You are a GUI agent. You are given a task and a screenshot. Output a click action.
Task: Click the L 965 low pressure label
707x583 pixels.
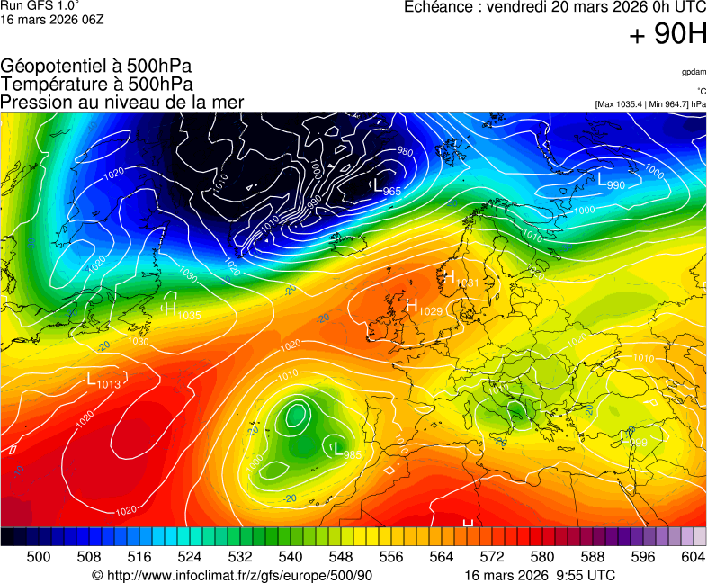tap(387, 188)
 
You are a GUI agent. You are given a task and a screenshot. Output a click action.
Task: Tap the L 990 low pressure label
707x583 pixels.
tap(612, 182)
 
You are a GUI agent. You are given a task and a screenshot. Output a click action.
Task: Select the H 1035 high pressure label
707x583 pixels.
tap(182, 311)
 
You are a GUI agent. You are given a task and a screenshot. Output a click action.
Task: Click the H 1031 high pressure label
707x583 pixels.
tap(461, 279)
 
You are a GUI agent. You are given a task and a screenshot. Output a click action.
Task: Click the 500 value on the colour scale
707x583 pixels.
tap(39, 557)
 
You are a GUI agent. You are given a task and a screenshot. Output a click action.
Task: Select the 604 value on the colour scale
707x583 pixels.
tap(693, 557)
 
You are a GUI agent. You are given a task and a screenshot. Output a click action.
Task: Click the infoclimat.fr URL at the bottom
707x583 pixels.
tap(232, 575)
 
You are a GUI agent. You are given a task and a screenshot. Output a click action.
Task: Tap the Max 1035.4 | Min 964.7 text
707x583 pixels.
tap(650, 104)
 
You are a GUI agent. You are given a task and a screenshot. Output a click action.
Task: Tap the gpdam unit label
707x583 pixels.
tap(693, 71)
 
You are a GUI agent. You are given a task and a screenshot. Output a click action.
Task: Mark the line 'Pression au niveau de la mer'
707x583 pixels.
tap(122, 102)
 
